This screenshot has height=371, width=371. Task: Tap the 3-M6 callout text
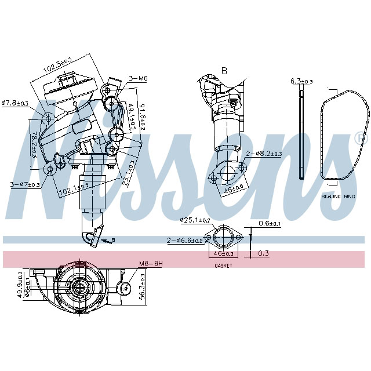point(138,78)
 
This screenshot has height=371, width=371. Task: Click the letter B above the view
point(224,71)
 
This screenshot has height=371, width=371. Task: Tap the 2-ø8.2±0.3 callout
point(264,154)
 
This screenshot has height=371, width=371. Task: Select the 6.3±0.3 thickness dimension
point(301,81)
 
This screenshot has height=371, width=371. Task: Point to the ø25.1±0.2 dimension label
point(196,220)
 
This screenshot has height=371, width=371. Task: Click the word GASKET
point(223,265)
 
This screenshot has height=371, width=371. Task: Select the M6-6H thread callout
point(150,264)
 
